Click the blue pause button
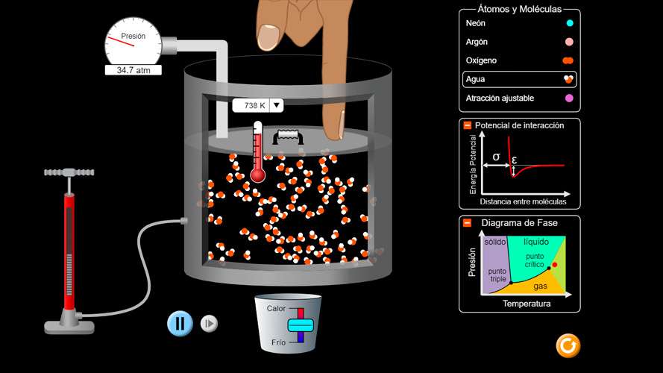(x=180, y=324)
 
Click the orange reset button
(x=568, y=346)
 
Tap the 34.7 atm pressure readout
(x=133, y=70)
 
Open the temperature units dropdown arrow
(x=277, y=105)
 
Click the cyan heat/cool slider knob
(x=301, y=325)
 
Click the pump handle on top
(x=69, y=172)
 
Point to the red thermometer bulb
(x=257, y=175)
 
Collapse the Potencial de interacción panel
(x=467, y=125)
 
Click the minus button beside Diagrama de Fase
(x=467, y=223)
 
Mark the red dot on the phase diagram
(x=555, y=265)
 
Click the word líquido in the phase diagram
(x=536, y=242)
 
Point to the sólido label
(x=495, y=242)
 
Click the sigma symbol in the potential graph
(x=497, y=157)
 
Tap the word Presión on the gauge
(x=133, y=37)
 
